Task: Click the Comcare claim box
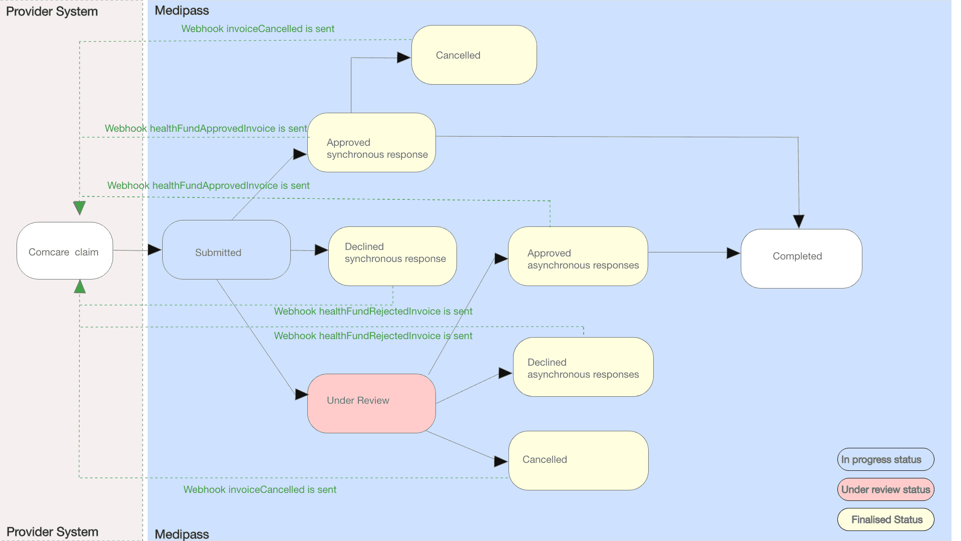tap(65, 251)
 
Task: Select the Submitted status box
tap(226, 250)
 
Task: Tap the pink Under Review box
tap(371, 403)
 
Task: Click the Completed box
tap(801, 258)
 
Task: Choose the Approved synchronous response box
tap(371, 143)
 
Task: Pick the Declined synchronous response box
tap(392, 256)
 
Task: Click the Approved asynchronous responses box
tap(578, 256)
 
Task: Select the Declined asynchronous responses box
tap(583, 367)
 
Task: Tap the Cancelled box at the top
tap(474, 55)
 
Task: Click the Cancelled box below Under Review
tap(578, 460)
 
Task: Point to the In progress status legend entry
tap(885, 459)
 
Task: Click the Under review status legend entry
tap(885, 489)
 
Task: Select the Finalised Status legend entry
tap(885, 519)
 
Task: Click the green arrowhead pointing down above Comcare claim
tap(80, 207)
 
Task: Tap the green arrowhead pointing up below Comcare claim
tap(80, 287)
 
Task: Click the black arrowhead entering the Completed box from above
tap(799, 221)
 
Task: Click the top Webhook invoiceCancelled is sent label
tap(258, 29)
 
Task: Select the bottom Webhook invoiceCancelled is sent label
tap(260, 490)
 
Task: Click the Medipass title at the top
tap(182, 11)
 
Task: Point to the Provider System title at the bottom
tap(53, 531)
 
